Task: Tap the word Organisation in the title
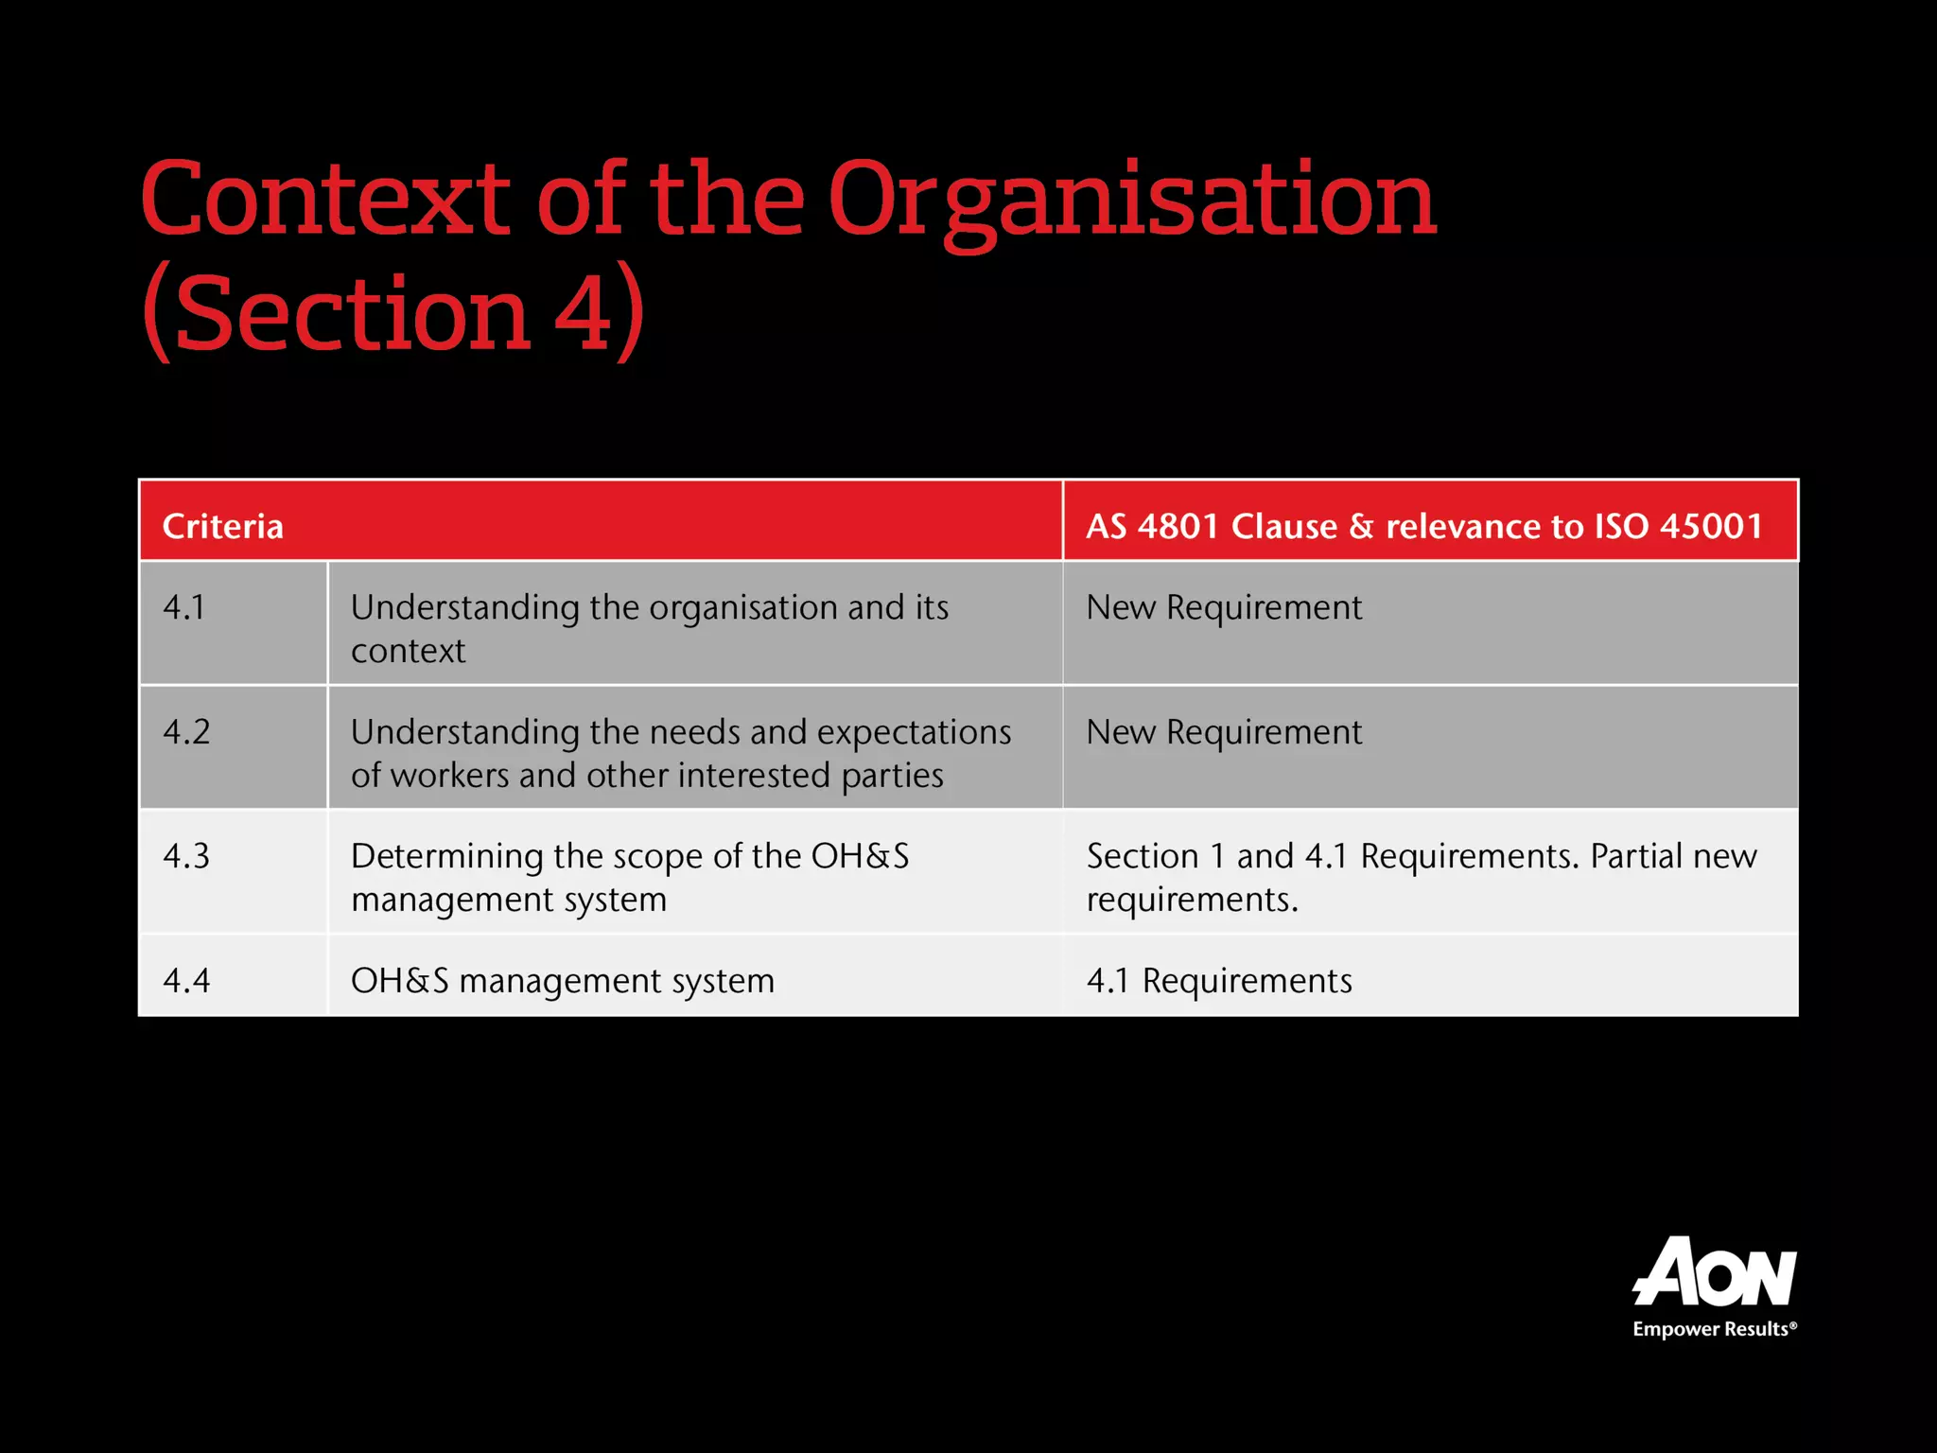1132,200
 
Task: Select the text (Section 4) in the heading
393,313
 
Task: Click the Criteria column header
223,526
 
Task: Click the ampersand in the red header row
1361,526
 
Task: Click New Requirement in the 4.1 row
1224,607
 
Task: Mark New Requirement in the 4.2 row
1224,732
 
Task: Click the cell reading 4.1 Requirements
1219,981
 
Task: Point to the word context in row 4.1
408,651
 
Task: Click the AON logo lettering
1714,1273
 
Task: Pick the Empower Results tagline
1714,1329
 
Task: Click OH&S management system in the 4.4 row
562,981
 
